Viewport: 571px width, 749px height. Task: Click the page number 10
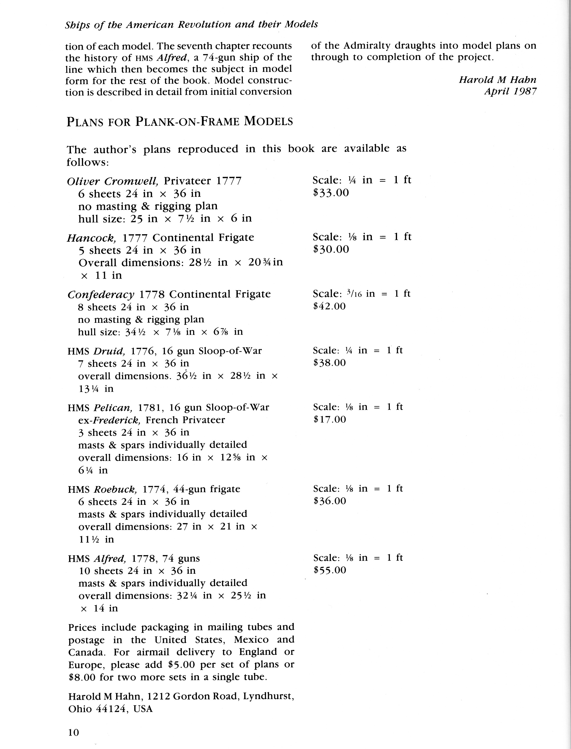[73, 732]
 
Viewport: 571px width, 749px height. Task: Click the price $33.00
[331, 193]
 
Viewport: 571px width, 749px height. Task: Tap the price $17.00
[330, 419]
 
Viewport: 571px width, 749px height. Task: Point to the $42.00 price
[329, 306]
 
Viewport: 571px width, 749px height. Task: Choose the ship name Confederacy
[101, 294]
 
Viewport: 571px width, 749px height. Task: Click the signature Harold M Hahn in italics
[497, 80]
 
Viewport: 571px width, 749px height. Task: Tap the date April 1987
[510, 91]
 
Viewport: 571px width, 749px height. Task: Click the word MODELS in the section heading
[268, 121]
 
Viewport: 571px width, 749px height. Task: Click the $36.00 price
[330, 501]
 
